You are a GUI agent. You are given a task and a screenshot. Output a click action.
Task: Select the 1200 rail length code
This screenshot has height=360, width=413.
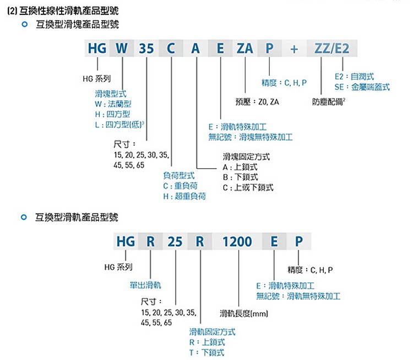click(x=237, y=242)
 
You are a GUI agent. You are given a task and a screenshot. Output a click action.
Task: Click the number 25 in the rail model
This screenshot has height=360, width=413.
click(x=175, y=242)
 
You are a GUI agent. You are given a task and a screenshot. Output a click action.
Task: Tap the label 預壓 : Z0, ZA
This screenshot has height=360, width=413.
click(x=257, y=101)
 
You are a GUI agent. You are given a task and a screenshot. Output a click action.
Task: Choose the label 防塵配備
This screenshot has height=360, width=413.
click(x=329, y=101)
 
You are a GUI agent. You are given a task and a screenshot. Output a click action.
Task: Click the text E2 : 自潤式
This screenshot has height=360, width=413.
click(x=354, y=77)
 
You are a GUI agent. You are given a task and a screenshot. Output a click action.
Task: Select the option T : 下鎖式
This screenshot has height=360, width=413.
click(x=206, y=352)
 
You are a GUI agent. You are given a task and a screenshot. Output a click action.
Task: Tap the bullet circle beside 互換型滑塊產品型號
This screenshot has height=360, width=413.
click(x=23, y=25)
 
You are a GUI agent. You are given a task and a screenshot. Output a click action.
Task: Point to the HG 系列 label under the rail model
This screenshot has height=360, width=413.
click(x=118, y=267)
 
